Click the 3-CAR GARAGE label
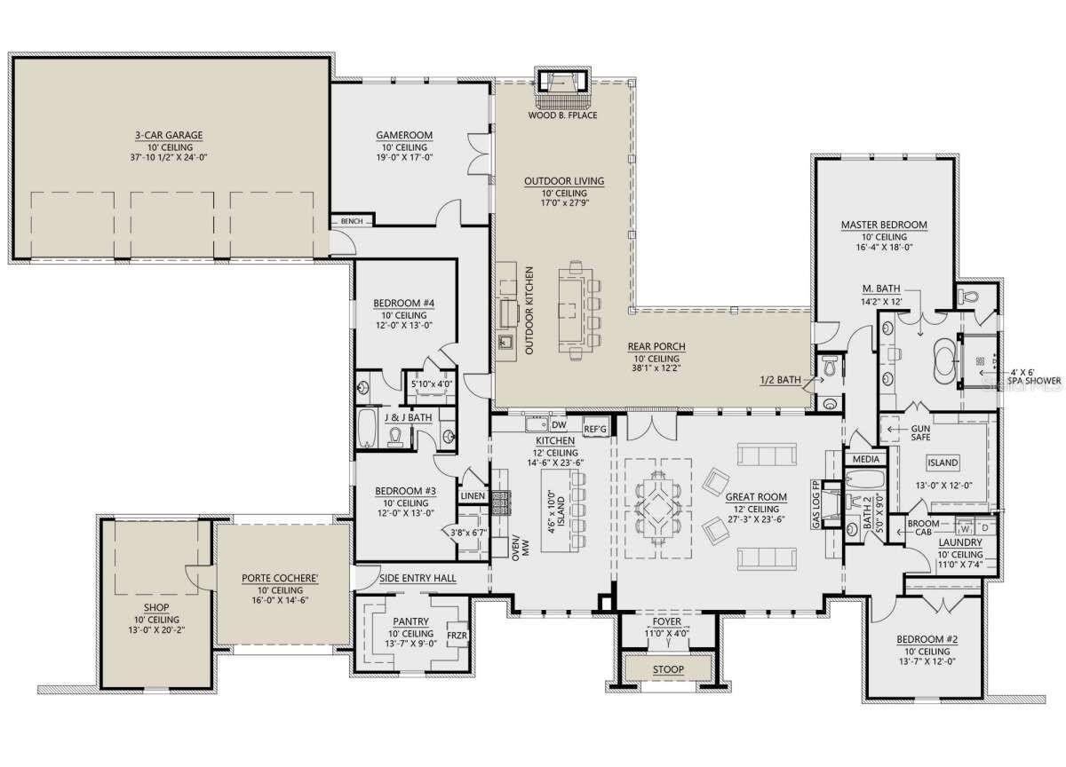click(169, 136)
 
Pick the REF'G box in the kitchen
click(595, 430)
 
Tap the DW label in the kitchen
click(559, 425)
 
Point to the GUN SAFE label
click(919, 432)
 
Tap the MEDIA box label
click(865, 460)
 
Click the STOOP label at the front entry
click(667, 668)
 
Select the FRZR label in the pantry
click(457, 636)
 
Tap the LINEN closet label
click(473, 496)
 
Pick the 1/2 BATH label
click(779, 380)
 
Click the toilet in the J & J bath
click(397, 435)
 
